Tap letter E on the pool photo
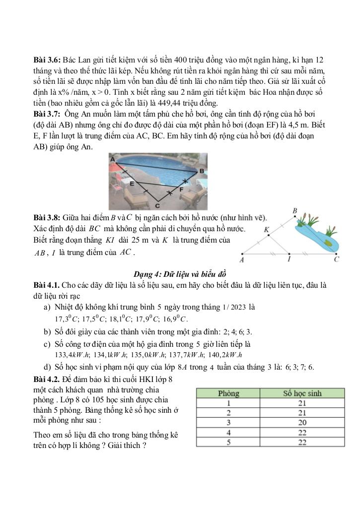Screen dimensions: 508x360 point(132,184)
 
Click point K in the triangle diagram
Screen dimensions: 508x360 point(267,230)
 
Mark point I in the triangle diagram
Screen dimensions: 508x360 point(289,259)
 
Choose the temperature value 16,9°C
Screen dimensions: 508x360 point(177,318)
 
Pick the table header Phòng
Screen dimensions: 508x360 point(228,393)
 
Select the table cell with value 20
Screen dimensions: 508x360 point(302,423)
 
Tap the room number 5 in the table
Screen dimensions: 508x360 point(228,442)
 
